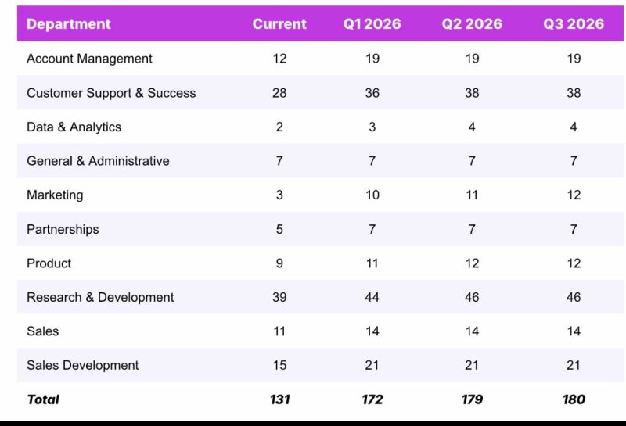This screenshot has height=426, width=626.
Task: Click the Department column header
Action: click(x=69, y=24)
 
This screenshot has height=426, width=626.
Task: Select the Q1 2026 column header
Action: click(x=372, y=24)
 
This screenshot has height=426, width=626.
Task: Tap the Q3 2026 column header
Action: click(x=574, y=24)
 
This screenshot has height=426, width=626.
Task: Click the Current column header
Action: click(x=279, y=24)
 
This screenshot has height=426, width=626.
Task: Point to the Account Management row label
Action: click(x=89, y=59)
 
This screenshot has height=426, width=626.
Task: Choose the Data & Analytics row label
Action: click(x=74, y=127)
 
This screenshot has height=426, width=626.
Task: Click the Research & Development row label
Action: click(x=100, y=297)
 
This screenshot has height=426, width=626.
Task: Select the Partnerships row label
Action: click(x=63, y=229)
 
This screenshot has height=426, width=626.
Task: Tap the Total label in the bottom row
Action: click(x=43, y=399)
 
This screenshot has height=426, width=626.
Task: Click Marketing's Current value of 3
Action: click(x=279, y=195)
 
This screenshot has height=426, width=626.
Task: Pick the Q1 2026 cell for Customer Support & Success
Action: click(x=372, y=93)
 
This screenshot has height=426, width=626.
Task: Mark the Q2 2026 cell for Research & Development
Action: click(x=472, y=297)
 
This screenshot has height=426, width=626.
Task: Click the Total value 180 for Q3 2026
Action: click(x=574, y=399)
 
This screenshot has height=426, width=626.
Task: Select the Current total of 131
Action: click(x=279, y=399)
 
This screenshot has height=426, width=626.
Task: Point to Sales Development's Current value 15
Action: click(x=279, y=365)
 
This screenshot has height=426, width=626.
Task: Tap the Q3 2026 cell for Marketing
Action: click(x=574, y=195)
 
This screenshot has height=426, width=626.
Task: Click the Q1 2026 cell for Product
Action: click(x=372, y=263)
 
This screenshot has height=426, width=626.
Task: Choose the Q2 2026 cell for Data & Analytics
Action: click(x=472, y=127)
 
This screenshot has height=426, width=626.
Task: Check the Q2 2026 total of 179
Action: click(x=472, y=399)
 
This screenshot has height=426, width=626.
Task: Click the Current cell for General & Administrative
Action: click(x=279, y=161)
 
